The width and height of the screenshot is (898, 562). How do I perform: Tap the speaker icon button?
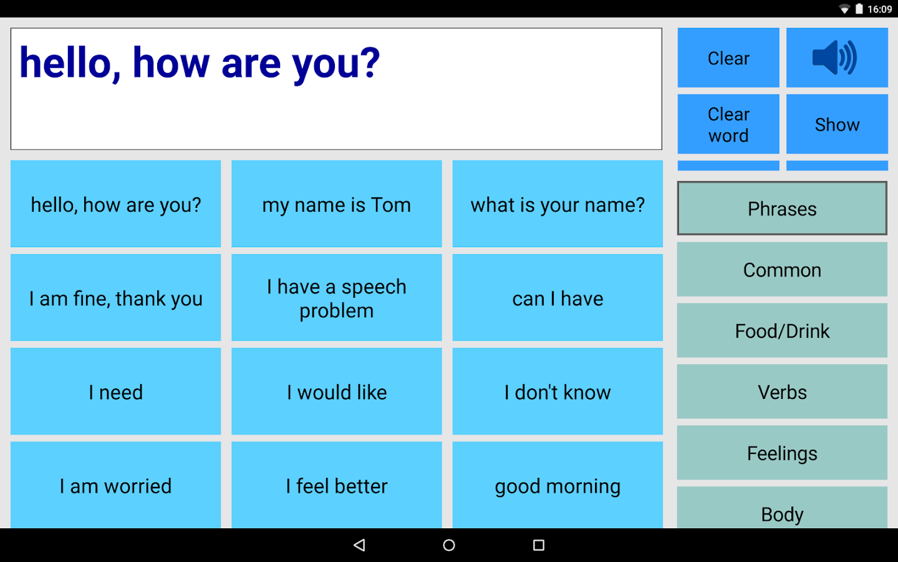tap(836, 57)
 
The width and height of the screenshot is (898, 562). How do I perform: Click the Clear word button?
tap(728, 124)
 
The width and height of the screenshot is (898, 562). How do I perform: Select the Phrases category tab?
tap(782, 209)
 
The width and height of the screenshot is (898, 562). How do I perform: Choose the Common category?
tap(782, 270)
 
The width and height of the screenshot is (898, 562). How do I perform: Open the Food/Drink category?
tap(782, 331)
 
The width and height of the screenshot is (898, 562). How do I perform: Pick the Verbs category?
tap(782, 392)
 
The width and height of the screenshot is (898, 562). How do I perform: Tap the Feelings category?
tap(782, 453)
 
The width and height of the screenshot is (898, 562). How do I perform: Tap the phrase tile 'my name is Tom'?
tap(337, 204)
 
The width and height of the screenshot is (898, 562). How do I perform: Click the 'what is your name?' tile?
tap(558, 204)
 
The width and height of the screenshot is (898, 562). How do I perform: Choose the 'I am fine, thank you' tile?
tap(116, 298)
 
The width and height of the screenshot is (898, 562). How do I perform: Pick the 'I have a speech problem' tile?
tap(337, 298)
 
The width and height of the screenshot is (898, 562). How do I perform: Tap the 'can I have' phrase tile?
tap(558, 298)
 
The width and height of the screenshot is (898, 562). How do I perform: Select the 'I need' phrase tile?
tap(116, 392)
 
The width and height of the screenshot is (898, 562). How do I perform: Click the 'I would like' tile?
tap(337, 392)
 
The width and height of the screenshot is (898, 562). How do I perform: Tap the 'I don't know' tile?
tap(558, 392)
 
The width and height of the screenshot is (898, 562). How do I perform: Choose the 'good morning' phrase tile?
tap(558, 485)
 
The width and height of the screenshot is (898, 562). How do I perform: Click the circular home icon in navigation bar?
tap(449, 545)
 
